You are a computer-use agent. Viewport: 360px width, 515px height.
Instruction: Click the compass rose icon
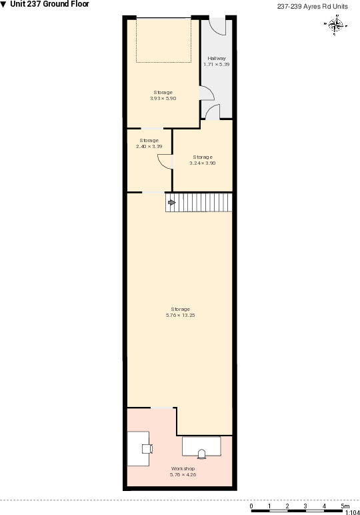pyautogui.click(x=337, y=25)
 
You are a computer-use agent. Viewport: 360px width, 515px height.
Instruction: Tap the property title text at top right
pyautogui.click(x=313, y=6)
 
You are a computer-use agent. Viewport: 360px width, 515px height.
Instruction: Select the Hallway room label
pyautogui.click(x=217, y=59)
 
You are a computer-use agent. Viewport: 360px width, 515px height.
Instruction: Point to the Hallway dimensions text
pyautogui.click(x=217, y=65)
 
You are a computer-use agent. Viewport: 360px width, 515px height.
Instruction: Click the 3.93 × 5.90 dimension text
pyautogui.click(x=163, y=98)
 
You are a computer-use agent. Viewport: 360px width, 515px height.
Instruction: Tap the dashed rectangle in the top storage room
pyautogui.click(x=163, y=41)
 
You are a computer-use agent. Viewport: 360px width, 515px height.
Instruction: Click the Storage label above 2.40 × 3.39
pyautogui.click(x=149, y=140)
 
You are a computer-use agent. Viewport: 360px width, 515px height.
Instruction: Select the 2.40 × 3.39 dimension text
pyautogui.click(x=149, y=146)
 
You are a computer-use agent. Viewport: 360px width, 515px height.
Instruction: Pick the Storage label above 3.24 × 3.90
pyautogui.click(x=203, y=157)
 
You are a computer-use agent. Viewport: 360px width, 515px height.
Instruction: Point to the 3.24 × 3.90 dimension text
pyautogui.click(x=203, y=163)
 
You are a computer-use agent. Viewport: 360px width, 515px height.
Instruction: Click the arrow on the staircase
pyautogui.click(x=171, y=202)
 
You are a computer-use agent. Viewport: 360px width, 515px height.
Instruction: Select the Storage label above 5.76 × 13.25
pyautogui.click(x=180, y=309)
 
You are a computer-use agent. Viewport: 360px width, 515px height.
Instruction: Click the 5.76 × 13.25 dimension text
pyautogui.click(x=180, y=315)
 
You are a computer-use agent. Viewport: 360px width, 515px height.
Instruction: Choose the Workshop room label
pyautogui.click(x=183, y=468)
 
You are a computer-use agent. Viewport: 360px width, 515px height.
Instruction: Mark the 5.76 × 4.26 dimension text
pyautogui.click(x=183, y=474)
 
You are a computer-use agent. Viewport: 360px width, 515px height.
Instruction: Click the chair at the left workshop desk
pyautogui.click(x=146, y=448)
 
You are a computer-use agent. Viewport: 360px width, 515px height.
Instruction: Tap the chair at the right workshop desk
pyautogui.click(x=201, y=454)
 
